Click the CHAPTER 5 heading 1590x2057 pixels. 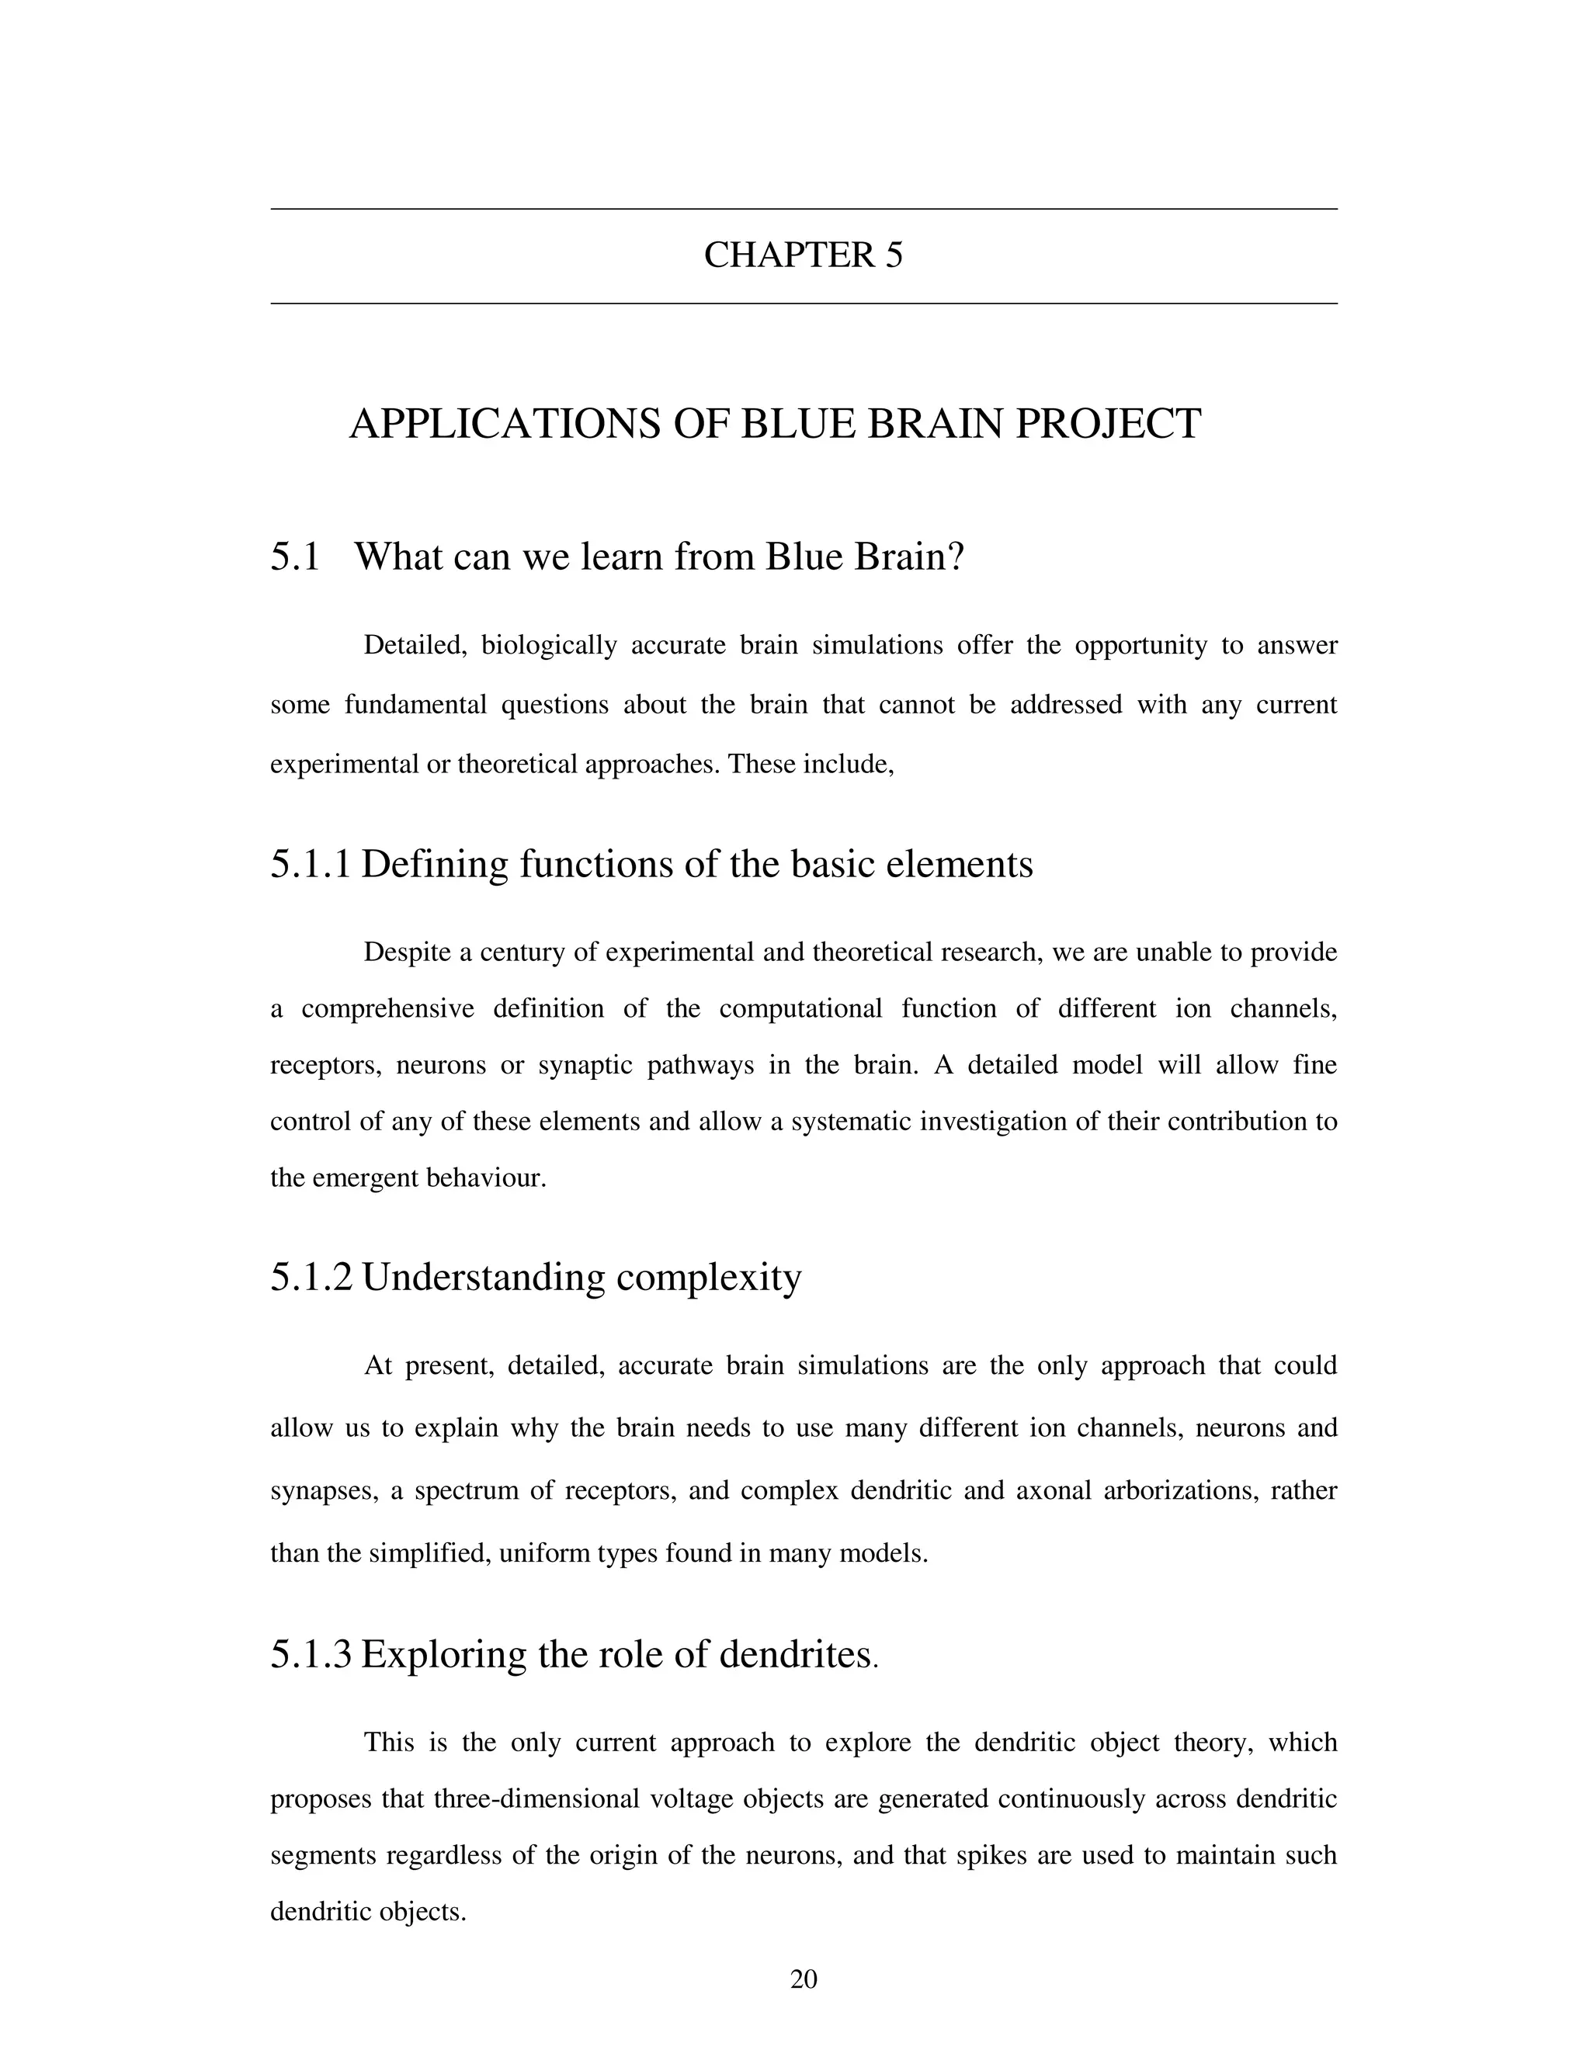pos(803,255)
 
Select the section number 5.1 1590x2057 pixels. pos(295,557)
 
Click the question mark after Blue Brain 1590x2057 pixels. pos(956,557)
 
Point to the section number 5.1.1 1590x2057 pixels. pos(310,864)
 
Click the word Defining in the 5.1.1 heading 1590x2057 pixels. pos(434,864)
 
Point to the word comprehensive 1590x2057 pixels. pos(387,1009)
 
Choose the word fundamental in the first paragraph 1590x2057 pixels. pos(415,705)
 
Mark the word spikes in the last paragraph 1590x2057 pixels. pos(982,1855)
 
